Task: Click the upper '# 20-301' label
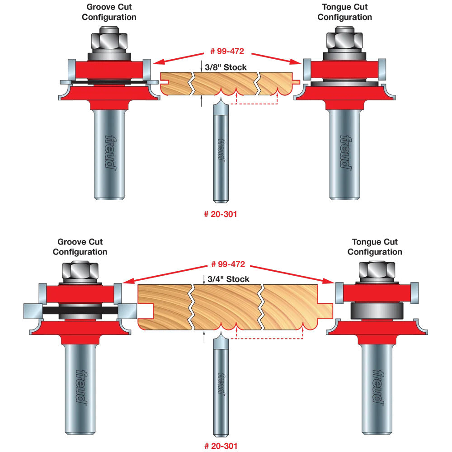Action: tap(220, 214)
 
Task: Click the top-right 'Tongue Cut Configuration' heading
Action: tap(344, 12)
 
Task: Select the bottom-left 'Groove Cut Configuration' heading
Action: tap(80, 247)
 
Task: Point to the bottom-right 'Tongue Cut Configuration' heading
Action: tap(375, 247)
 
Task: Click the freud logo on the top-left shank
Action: tap(108, 151)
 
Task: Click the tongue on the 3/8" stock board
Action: tap(296, 82)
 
